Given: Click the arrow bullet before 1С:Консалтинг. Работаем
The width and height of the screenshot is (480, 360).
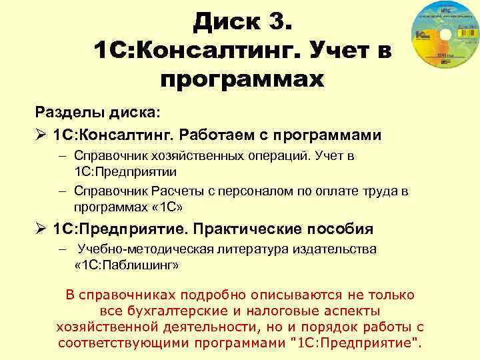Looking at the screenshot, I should [41, 135].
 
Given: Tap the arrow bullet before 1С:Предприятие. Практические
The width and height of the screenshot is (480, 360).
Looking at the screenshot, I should [41, 229].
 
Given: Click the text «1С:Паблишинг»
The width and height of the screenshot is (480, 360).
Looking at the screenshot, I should [127, 265].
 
